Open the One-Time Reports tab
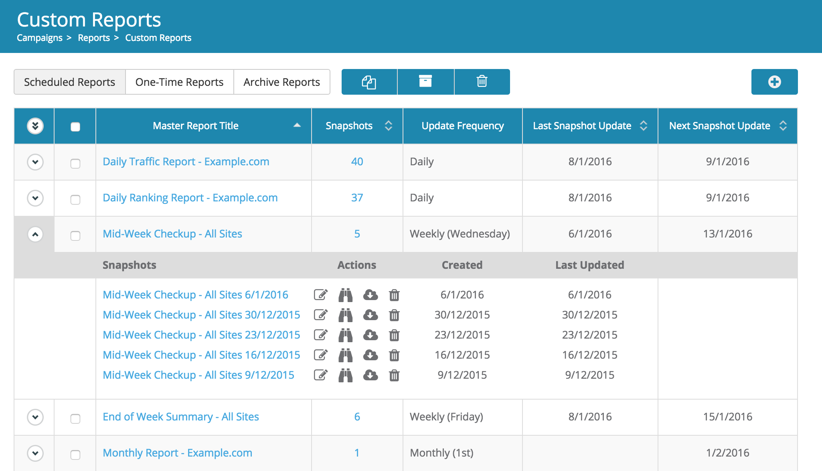click(x=179, y=82)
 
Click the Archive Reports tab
click(x=281, y=82)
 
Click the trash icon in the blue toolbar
click(x=482, y=82)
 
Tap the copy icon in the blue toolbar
click(x=369, y=82)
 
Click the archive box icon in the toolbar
click(x=425, y=81)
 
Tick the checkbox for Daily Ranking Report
click(x=75, y=199)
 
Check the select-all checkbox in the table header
click(x=75, y=127)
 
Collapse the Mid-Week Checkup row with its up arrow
click(x=35, y=234)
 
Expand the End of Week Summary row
click(x=35, y=417)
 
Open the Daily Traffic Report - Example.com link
click(x=186, y=162)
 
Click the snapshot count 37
click(x=357, y=198)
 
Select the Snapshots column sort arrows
click(x=388, y=126)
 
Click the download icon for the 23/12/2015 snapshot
click(x=370, y=335)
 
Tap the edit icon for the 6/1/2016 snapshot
click(x=320, y=295)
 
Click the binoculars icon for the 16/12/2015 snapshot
click(x=345, y=355)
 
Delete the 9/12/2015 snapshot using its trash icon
click(x=394, y=375)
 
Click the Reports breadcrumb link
click(x=93, y=38)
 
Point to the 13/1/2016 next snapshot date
click(x=727, y=234)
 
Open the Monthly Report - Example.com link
click(x=177, y=453)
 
